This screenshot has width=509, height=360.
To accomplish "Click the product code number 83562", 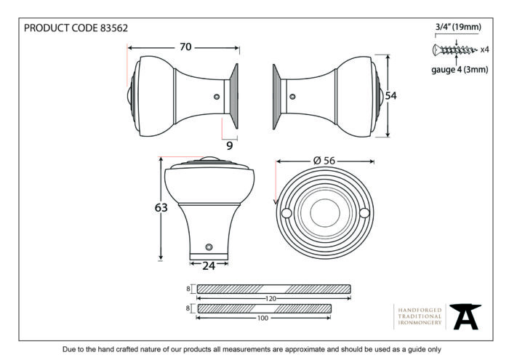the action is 114,28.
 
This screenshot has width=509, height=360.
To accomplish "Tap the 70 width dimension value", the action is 185,47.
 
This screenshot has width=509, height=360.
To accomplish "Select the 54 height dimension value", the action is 391,96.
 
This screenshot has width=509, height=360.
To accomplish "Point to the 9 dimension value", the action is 230,145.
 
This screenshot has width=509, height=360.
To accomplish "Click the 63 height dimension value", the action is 161,207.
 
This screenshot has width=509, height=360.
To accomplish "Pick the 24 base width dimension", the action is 209,266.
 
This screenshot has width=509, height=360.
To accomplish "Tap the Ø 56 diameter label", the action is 324,161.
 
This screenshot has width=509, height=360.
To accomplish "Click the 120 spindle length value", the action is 270,299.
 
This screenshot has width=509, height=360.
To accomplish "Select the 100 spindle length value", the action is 262,318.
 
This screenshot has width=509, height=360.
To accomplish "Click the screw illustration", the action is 454,49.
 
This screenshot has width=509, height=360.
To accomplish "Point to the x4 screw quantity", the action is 484,49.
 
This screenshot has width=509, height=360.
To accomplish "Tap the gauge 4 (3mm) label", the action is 460,70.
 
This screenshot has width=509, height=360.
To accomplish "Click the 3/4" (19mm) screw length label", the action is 458,27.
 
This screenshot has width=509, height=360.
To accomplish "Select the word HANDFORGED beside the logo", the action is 420,311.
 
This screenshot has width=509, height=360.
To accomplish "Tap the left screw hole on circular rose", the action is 286,213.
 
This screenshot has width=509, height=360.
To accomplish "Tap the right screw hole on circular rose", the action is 364,213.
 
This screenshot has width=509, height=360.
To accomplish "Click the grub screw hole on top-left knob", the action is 217,97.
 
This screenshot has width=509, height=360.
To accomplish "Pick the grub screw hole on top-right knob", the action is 292,97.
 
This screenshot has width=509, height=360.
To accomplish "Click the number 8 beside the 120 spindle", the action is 188,288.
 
